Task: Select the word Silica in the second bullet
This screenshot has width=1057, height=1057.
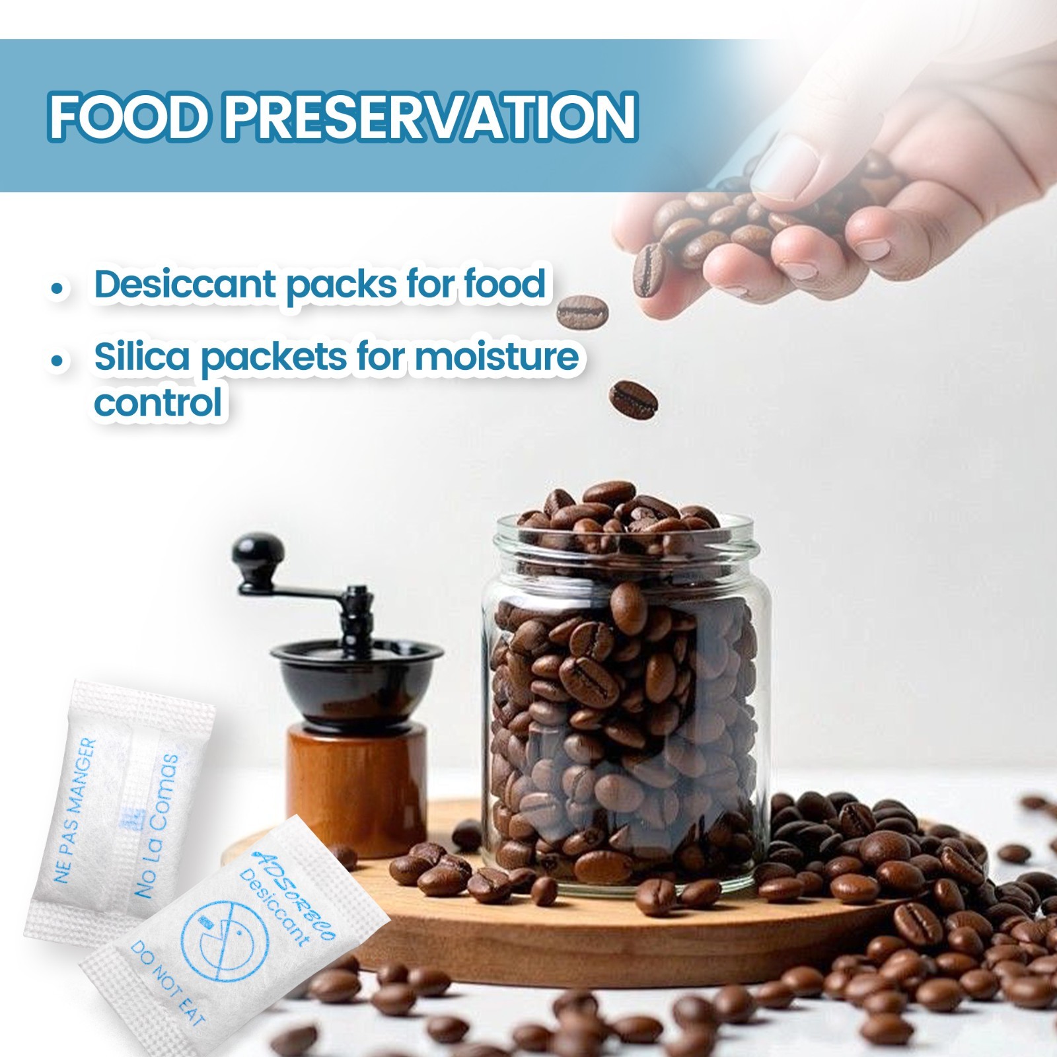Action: tap(139, 357)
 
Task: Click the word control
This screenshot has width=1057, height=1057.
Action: tap(158, 401)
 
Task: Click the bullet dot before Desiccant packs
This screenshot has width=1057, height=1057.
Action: tap(59, 289)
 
